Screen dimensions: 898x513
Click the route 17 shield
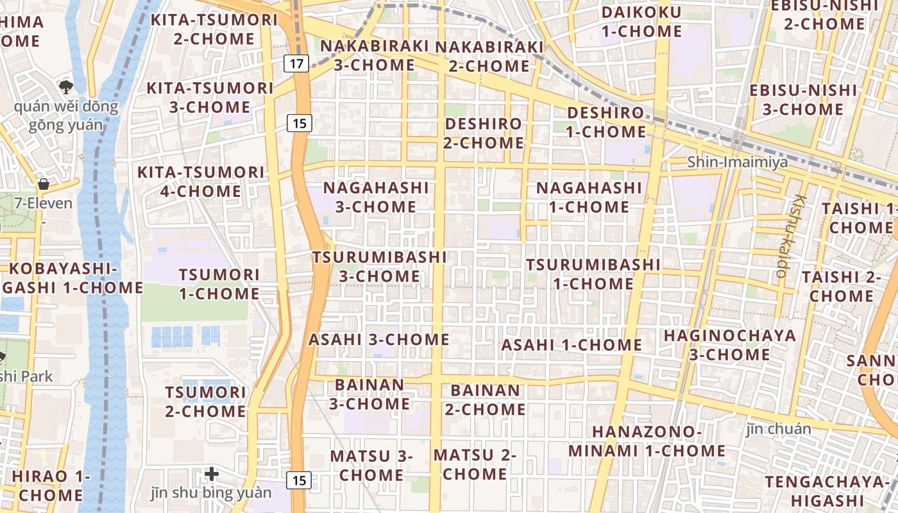tap(296, 63)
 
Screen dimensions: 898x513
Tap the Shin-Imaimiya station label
tap(738, 162)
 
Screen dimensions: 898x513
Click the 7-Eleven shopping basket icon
tap(44, 185)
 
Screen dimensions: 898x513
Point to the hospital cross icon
tap(212, 475)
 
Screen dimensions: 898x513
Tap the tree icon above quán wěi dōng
tap(65, 87)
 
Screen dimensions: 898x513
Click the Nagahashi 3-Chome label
tap(376, 198)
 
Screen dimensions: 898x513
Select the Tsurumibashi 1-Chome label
tap(593, 274)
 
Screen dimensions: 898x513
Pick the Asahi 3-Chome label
tap(379, 339)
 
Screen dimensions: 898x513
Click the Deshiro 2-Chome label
tap(484, 133)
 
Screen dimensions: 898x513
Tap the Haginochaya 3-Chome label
tap(729, 345)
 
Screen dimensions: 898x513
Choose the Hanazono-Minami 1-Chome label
tap(647, 441)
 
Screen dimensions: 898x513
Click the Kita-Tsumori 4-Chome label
tap(201, 181)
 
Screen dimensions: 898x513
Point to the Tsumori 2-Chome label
tap(206, 401)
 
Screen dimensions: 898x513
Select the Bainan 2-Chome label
tap(486, 399)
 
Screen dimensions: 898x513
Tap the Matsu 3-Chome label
tap(371, 465)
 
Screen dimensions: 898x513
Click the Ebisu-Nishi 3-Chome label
tap(803, 99)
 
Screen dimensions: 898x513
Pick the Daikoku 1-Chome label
tap(641, 21)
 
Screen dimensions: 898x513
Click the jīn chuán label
tap(779, 428)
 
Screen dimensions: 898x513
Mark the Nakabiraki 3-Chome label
tap(375, 55)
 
